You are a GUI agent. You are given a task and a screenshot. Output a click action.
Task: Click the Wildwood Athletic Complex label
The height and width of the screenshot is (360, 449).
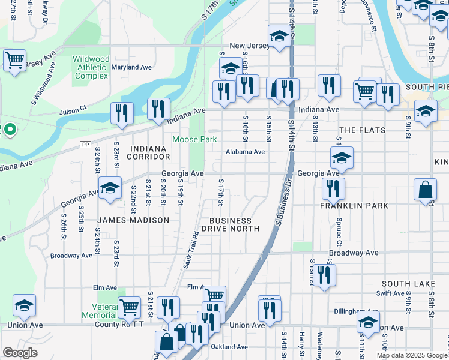click(91, 67)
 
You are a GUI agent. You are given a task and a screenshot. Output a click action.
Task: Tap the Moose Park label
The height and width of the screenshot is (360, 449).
click(194, 139)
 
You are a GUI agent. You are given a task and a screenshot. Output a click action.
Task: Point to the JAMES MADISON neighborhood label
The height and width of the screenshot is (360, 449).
click(134, 220)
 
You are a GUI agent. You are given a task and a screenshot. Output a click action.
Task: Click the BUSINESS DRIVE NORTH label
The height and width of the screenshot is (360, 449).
click(231, 224)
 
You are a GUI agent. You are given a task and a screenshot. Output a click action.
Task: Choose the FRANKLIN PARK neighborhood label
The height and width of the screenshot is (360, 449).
click(354, 205)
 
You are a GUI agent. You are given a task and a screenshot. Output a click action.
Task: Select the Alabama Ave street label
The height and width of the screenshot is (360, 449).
click(245, 152)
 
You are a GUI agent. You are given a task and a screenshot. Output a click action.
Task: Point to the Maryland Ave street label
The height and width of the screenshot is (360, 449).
click(131, 67)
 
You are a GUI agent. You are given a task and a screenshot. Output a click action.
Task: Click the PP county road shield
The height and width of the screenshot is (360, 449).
click(85, 145)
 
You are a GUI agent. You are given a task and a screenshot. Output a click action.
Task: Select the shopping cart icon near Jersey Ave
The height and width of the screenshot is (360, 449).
click(14, 59)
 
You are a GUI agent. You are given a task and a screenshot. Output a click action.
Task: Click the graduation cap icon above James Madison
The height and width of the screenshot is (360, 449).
click(110, 188)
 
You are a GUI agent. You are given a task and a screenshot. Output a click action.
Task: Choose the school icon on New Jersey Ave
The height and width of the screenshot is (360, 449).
click(279, 36)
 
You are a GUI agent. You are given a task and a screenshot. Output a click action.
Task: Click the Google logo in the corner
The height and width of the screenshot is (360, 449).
click(20, 353)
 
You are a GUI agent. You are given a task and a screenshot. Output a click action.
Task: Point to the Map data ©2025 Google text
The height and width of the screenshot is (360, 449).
click(411, 355)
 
